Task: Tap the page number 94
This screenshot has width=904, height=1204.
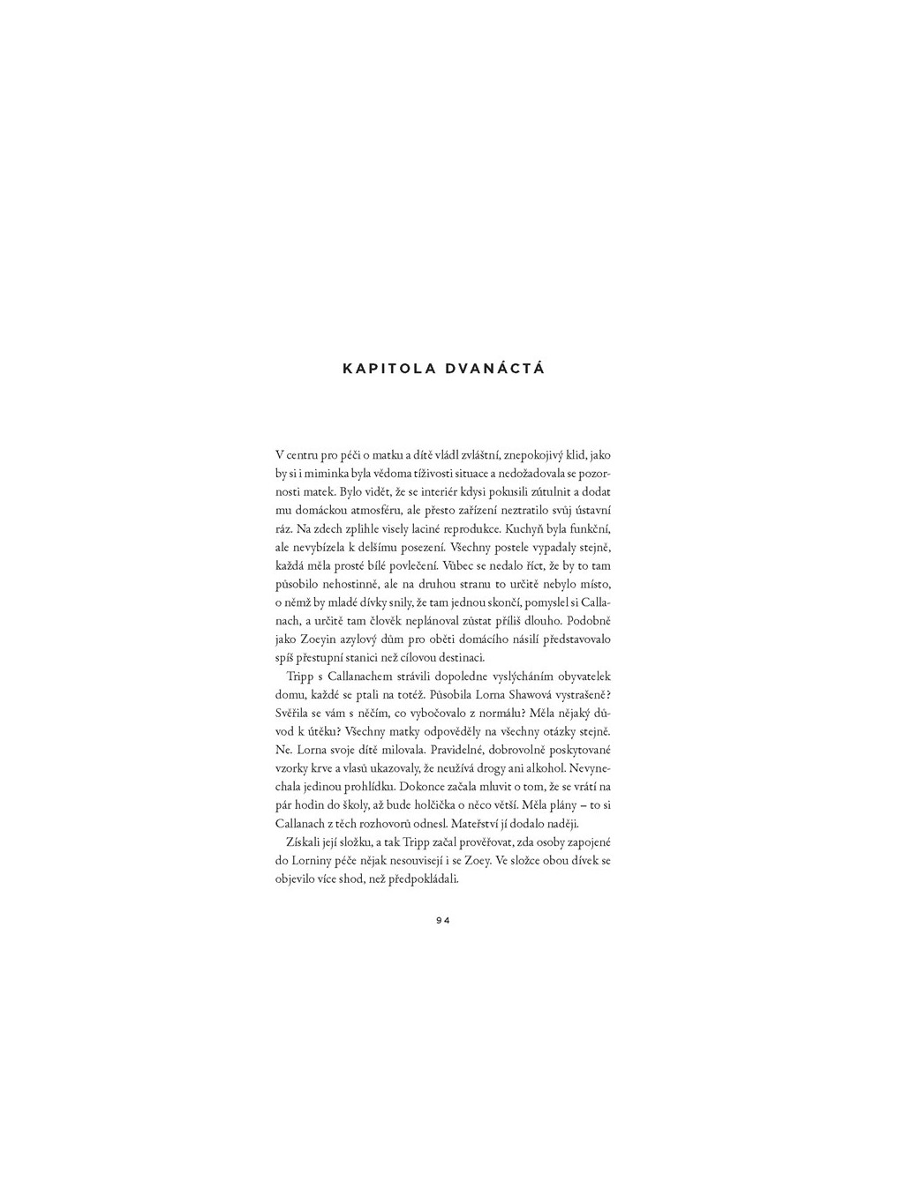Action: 443,920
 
